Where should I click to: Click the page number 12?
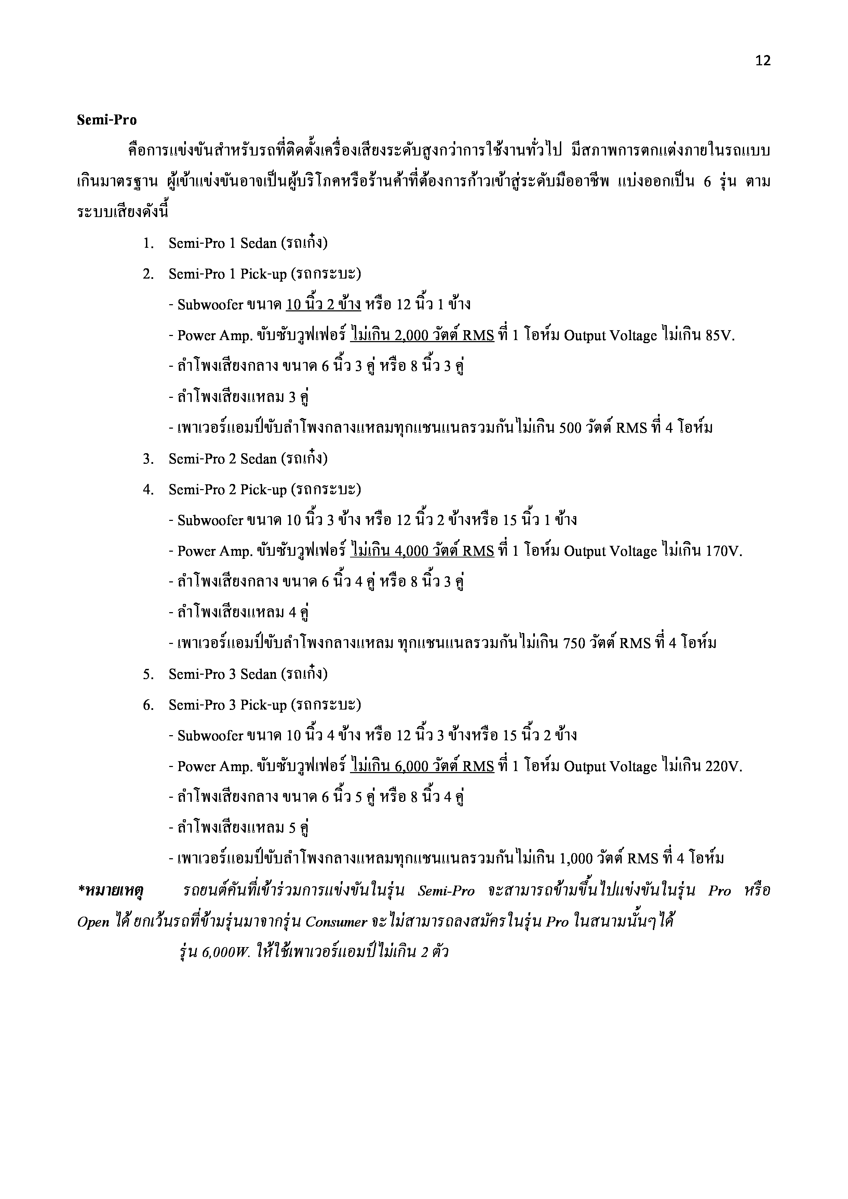tap(762, 61)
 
